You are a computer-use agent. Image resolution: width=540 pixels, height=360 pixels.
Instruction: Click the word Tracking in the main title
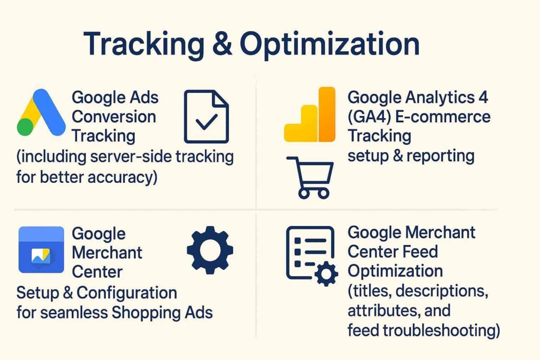pyautogui.click(x=144, y=44)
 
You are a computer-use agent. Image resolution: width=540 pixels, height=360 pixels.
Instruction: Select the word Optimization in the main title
pyautogui.click(x=330, y=45)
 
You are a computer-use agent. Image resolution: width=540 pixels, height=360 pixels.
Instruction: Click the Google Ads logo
pyautogui.click(x=41, y=112)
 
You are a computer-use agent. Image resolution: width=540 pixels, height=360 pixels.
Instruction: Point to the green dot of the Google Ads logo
pyautogui.click(x=25, y=127)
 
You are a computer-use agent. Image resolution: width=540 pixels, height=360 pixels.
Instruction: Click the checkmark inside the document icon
pyautogui.click(x=206, y=121)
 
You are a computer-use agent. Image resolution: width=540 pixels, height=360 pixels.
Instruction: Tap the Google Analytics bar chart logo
pyautogui.click(x=309, y=114)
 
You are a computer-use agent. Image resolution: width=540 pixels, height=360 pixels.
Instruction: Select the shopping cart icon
pyautogui.click(x=310, y=178)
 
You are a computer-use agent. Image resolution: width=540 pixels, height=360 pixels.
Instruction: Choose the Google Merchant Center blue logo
pyautogui.click(x=41, y=249)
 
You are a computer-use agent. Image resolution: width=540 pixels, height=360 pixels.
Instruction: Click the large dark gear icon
pyautogui.click(x=210, y=250)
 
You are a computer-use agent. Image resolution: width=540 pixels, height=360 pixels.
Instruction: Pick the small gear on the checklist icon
pyautogui.click(x=326, y=274)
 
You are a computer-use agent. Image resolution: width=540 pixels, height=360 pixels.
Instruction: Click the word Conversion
pyautogui.click(x=114, y=116)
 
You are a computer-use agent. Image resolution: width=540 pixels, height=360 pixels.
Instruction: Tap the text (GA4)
pyautogui.click(x=369, y=117)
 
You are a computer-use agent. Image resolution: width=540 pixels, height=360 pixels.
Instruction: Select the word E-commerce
pyautogui.click(x=442, y=117)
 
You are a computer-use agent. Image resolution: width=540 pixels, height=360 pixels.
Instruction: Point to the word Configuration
pyautogui.click(x=127, y=293)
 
